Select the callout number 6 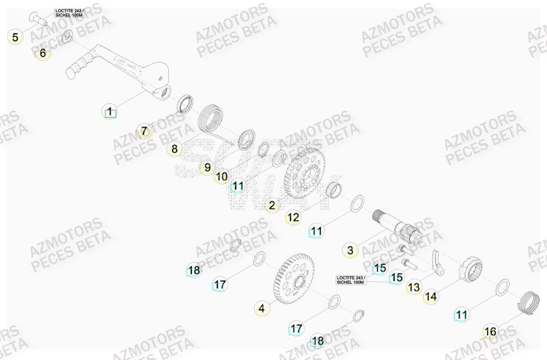(x=42, y=53)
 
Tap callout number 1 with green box (x=110, y=112)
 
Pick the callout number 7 (x=143, y=131)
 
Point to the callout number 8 (x=174, y=149)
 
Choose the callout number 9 (x=207, y=168)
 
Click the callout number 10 (x=221, y=177)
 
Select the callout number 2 (x=272, y=206)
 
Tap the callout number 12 (x=293, y=217)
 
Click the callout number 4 (x=261, y=309)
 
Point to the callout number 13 (x=413, y=287)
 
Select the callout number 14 (x=430, y=296)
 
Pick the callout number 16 (x=490, y=332)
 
